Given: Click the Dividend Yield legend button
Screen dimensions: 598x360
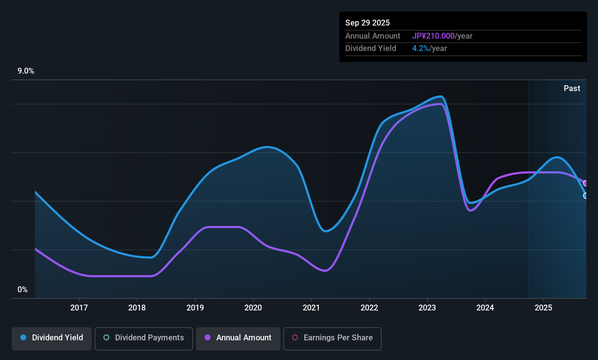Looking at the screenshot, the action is point(51,339).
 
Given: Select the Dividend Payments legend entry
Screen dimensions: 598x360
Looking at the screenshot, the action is point(143,339).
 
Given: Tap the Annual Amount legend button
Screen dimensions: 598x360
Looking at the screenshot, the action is point(238,339).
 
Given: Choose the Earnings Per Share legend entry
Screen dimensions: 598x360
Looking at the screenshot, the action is point(333,339).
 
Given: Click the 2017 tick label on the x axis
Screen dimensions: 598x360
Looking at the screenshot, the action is point(79,308).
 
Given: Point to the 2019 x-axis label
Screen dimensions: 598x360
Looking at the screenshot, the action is point(195,308).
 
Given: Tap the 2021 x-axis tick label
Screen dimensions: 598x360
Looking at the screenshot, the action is point(311,308).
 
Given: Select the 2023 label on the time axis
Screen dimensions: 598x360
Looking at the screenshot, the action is point(427,308).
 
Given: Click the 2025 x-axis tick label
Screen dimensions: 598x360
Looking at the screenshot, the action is point(543,308).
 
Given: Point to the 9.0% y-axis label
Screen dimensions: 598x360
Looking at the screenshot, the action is point(26,71).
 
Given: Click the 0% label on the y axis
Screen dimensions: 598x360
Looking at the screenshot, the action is point(23,290).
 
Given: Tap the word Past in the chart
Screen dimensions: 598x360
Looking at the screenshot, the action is point(572,89).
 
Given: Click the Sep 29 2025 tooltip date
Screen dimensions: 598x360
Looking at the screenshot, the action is point(367,23).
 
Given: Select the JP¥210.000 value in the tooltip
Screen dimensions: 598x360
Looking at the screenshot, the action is point(433,36).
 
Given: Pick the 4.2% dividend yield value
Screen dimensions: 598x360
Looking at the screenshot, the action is point(421,48).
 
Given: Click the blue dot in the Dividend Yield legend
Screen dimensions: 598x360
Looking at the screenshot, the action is point(24,337).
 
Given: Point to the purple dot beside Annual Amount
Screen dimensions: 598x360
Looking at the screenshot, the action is point(208,337).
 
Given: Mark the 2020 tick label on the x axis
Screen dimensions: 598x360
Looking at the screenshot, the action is point(253,308).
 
